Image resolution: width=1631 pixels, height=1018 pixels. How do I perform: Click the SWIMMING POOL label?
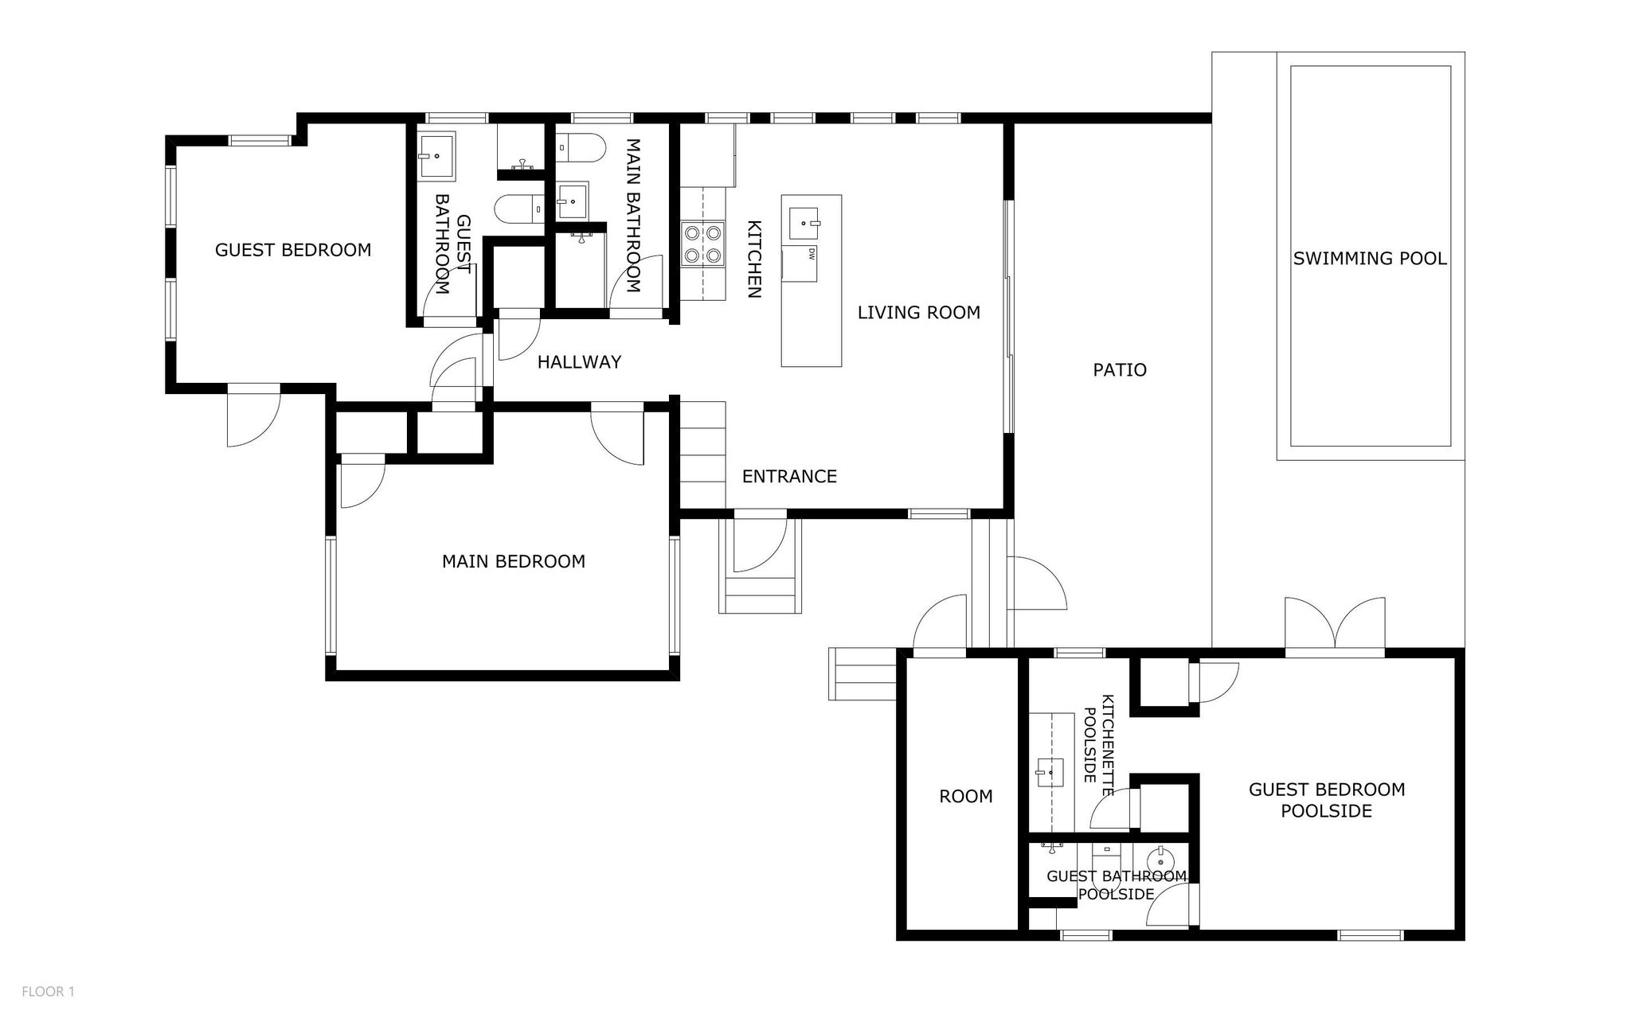pos(1370,259)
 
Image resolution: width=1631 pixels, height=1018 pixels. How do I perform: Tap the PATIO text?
pos(1120,370)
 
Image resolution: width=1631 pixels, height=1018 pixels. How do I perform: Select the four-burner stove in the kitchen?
pos(703,244)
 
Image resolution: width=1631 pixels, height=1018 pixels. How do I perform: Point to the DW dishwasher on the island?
pos(800,263)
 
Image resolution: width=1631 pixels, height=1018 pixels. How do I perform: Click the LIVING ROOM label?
pos(919,313)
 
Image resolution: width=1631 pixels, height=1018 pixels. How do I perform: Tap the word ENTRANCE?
pos(789,477)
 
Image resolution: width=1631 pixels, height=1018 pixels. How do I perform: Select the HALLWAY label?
pos(579,362)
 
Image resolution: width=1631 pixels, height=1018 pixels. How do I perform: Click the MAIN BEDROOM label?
pos(514,562)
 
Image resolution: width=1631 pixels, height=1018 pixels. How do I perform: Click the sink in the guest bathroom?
pos(436,156)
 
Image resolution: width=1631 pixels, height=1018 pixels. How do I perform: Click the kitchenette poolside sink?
pos(1050,772)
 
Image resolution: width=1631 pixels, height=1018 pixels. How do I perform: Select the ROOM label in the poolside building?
pos(966,797)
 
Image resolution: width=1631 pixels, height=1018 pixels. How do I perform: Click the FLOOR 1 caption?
pos(48,992)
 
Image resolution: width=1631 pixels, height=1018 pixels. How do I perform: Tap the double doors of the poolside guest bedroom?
pos(1335,625)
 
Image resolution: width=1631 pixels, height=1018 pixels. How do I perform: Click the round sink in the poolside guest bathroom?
pos(1160,859)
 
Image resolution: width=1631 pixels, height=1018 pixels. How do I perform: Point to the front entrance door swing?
pos(761,545)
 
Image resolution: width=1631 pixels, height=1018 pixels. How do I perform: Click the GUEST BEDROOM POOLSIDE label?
pos(1327,800)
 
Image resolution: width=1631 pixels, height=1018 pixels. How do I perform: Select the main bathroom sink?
pos(571,201)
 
